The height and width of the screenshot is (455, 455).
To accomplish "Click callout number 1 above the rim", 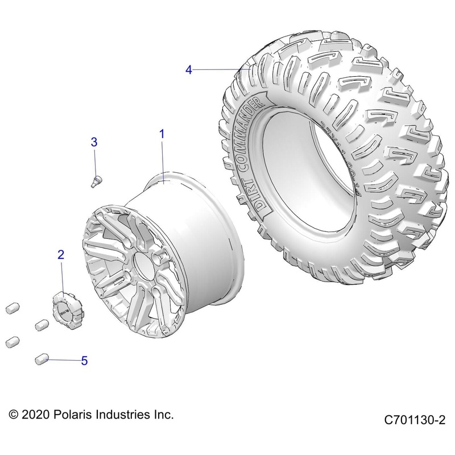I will click(162, 134).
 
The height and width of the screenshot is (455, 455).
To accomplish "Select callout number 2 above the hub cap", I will click(61, 254).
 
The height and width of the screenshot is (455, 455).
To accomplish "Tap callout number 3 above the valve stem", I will click(94, 142).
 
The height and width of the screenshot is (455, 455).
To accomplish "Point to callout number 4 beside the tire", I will click(189, 69).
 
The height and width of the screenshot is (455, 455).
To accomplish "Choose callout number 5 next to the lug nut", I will click(84, 361).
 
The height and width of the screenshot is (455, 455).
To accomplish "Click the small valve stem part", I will click(96, 180).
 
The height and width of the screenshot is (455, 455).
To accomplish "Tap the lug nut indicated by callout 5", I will click(40, 358).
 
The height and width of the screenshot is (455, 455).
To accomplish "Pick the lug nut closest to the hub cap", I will click(41, 325).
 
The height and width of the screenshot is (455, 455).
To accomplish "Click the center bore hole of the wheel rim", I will click(140, 264).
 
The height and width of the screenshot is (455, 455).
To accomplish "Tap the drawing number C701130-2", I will click(414, 420).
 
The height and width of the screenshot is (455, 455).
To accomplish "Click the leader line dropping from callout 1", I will click(163, 162).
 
